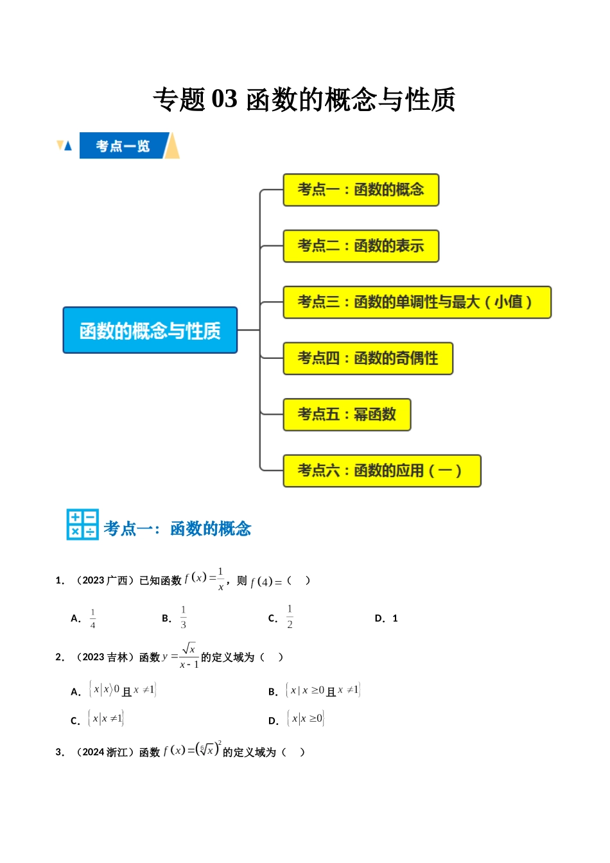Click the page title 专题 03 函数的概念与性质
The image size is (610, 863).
pos(304,100)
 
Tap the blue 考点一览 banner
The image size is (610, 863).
pos(123,146)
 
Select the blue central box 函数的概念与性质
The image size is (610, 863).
pos(150,330)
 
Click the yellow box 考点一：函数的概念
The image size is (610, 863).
pos(361,189)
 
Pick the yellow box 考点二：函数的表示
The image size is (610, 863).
pos(361,246)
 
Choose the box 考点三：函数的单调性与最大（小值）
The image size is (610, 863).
pos(417,302)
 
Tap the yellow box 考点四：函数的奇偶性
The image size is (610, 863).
pos(368,358)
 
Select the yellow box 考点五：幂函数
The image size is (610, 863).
pos(347,415)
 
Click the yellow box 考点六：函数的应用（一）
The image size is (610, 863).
pos(381,471)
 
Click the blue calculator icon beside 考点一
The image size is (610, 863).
pos(83,525)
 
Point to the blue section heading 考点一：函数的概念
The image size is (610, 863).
pos(177,528)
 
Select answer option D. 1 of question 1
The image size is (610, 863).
pos(387,618)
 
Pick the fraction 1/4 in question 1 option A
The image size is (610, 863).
pos(93,618)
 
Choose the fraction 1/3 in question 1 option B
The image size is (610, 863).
pos(184,617)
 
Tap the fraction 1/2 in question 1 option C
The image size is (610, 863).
pos(290,616)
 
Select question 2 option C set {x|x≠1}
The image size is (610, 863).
pos(106,719)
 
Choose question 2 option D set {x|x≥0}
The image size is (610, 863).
pos(306,719)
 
